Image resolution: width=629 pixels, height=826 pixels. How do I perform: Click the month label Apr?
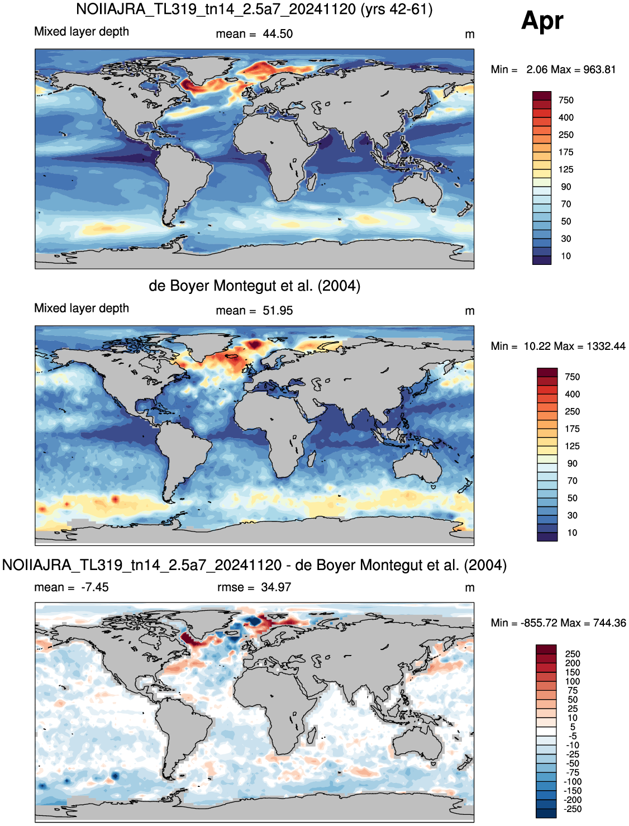pyautogui.click(x=542, y=21)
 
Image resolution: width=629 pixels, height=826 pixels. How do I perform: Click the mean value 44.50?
pyautogui.click(x=278, y=34)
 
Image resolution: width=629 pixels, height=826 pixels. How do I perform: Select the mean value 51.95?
pyautogui.click(x=278, y=311)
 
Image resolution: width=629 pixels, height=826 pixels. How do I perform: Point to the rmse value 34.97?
pyautogui.click(x=276, y=587)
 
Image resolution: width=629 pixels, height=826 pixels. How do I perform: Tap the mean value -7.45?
pyautogui.click(x=95, y=587)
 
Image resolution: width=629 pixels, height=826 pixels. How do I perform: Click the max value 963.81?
pyautogui.click(x=599, y=70)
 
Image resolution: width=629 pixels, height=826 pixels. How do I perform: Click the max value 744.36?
pyautogui.click(x=609, y=623)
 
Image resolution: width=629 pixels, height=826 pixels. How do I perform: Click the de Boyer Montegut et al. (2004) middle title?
pyautogui.click(x=255, y=286)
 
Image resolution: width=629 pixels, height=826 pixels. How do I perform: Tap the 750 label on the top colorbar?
pyautogui.click(x=566, y=100)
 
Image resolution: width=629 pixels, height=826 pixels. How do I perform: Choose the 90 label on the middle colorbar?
pyautogui.click(x=572, y=463)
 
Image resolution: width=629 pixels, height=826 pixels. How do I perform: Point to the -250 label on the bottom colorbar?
pyautogui.click(x=572, y=809)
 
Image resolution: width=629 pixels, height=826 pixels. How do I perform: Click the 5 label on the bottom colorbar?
pyautogui.click(x=573, y=727)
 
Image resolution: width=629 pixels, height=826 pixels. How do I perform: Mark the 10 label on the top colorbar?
pyautogui.click(x=566, y=256)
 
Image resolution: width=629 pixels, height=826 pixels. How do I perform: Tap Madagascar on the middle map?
pyautogui.click(x=311, y=461)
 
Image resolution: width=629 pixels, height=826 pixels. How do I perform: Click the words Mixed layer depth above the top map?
pyautogui.click(x=82, y=32)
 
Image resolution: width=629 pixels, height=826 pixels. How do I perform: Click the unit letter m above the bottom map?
pyautogui.click(x=470, y=588)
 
